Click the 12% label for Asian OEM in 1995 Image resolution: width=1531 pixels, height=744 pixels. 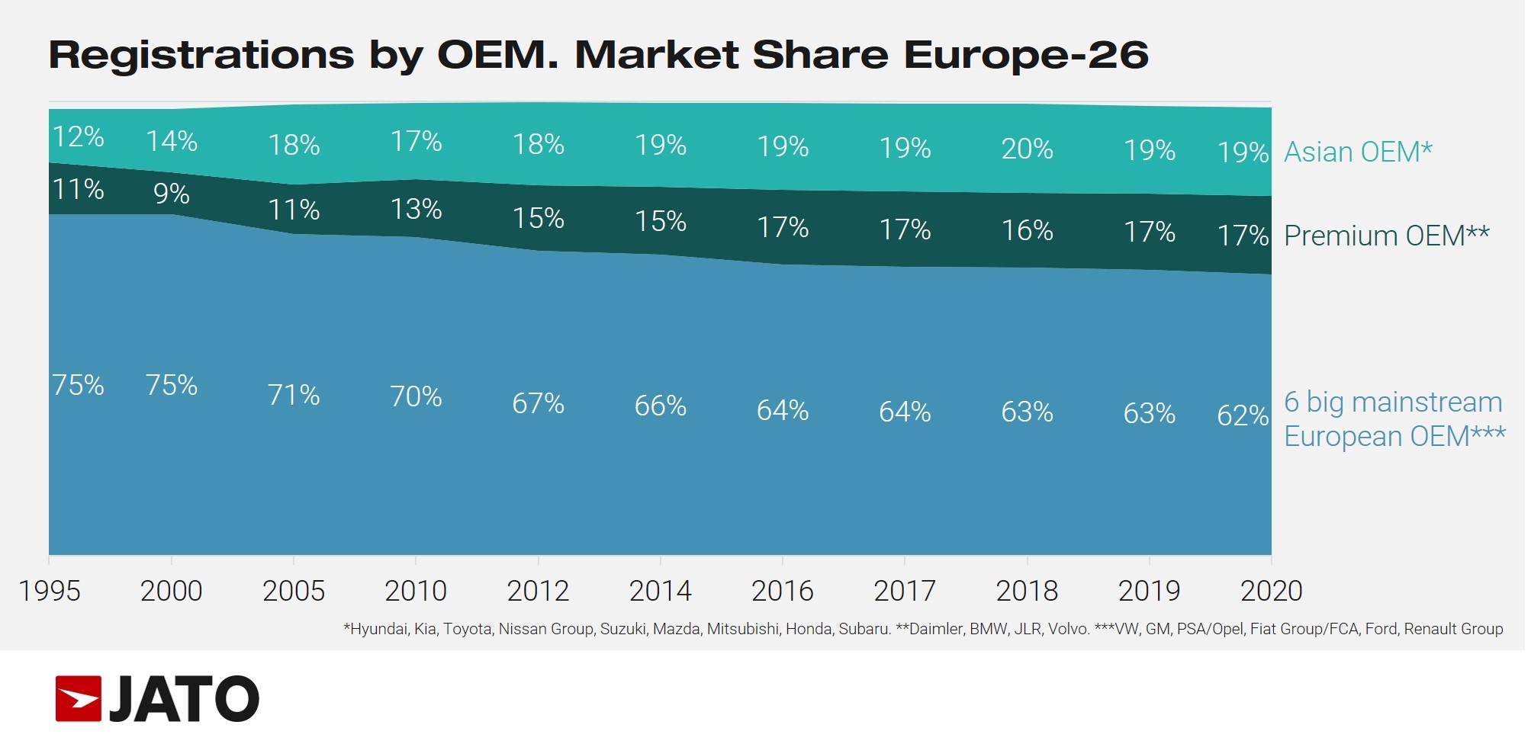click(x=79, y=137)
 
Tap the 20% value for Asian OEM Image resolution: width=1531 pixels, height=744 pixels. click(x=1027, y=149)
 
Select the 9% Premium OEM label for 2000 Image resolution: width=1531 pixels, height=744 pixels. click(x=172, y=194)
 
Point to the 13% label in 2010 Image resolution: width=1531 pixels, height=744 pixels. click(x=416, y=210)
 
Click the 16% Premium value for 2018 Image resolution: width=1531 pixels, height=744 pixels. click(x=1027, y=231)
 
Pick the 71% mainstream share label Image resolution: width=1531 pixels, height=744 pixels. click(x=294, y=396)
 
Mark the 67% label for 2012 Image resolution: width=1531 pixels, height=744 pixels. click(x=538, y=404)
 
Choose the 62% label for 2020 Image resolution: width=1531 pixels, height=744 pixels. click(x=1243, y=416)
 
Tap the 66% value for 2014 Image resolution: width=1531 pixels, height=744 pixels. click(x=661, y=406)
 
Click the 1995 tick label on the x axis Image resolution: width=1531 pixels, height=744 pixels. click(x=50, y=592)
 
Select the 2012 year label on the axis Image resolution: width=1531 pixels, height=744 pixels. click(x=538, y=592)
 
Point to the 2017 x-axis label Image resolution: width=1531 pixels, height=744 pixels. click(x=905, y=592)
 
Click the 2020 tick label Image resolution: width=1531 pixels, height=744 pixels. click(x=1271, y=592)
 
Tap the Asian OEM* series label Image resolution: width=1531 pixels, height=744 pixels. click(x=1358, y=152)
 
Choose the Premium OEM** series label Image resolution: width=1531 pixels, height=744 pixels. click(x=1386, y=236)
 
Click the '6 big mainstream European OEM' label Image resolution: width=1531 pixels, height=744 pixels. click(x=1394, y=419)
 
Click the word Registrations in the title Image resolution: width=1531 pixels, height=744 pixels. click(x=201, y=55)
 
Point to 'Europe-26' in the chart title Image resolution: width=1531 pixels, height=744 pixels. click(x=1026, y=55)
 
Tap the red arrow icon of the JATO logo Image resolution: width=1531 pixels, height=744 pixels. click(x=79, y=698)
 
